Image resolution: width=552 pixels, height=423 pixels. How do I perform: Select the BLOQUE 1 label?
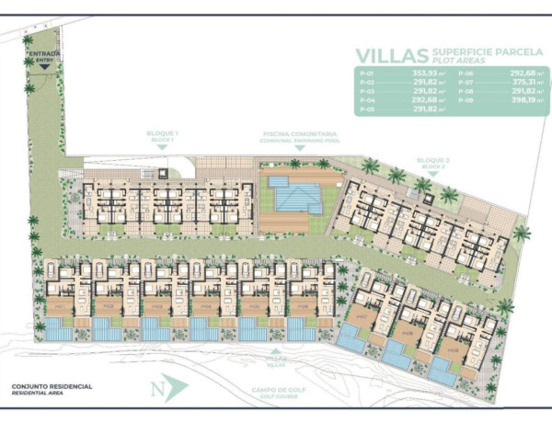coord(161,135)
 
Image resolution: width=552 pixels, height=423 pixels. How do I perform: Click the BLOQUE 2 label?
coord(432,161)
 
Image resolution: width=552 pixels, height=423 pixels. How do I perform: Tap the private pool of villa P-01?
coord(59,329)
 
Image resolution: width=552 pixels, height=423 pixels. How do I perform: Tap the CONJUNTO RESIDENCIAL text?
coord(52,386)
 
